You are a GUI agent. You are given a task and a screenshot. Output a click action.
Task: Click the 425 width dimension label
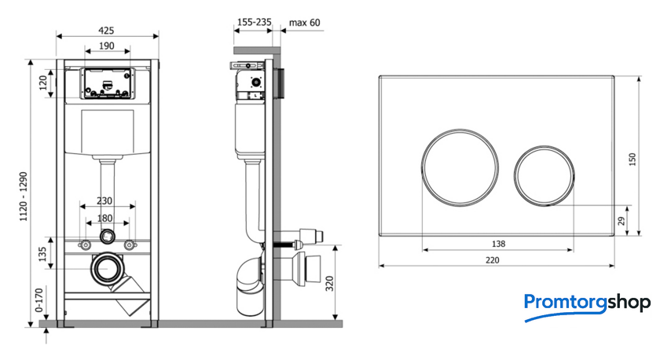[x=106, y=31]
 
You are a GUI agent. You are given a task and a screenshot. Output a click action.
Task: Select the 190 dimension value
[x=107, y=46]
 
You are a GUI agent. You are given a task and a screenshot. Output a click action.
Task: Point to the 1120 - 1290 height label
[x=23, y=197]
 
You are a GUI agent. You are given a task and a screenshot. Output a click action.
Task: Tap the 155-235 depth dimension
[x=255, y=22]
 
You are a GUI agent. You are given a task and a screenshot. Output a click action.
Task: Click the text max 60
[x=304, y=23]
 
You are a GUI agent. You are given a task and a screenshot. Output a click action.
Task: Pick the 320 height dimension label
[x=329, y=284]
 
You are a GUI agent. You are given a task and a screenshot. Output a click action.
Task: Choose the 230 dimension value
[x=104, y=201]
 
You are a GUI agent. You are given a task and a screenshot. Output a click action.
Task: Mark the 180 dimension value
[x=104, y=218]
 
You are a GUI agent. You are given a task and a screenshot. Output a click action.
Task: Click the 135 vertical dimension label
[x=42, y=254]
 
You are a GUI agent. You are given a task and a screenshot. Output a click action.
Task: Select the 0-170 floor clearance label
[x=39, y=299]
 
